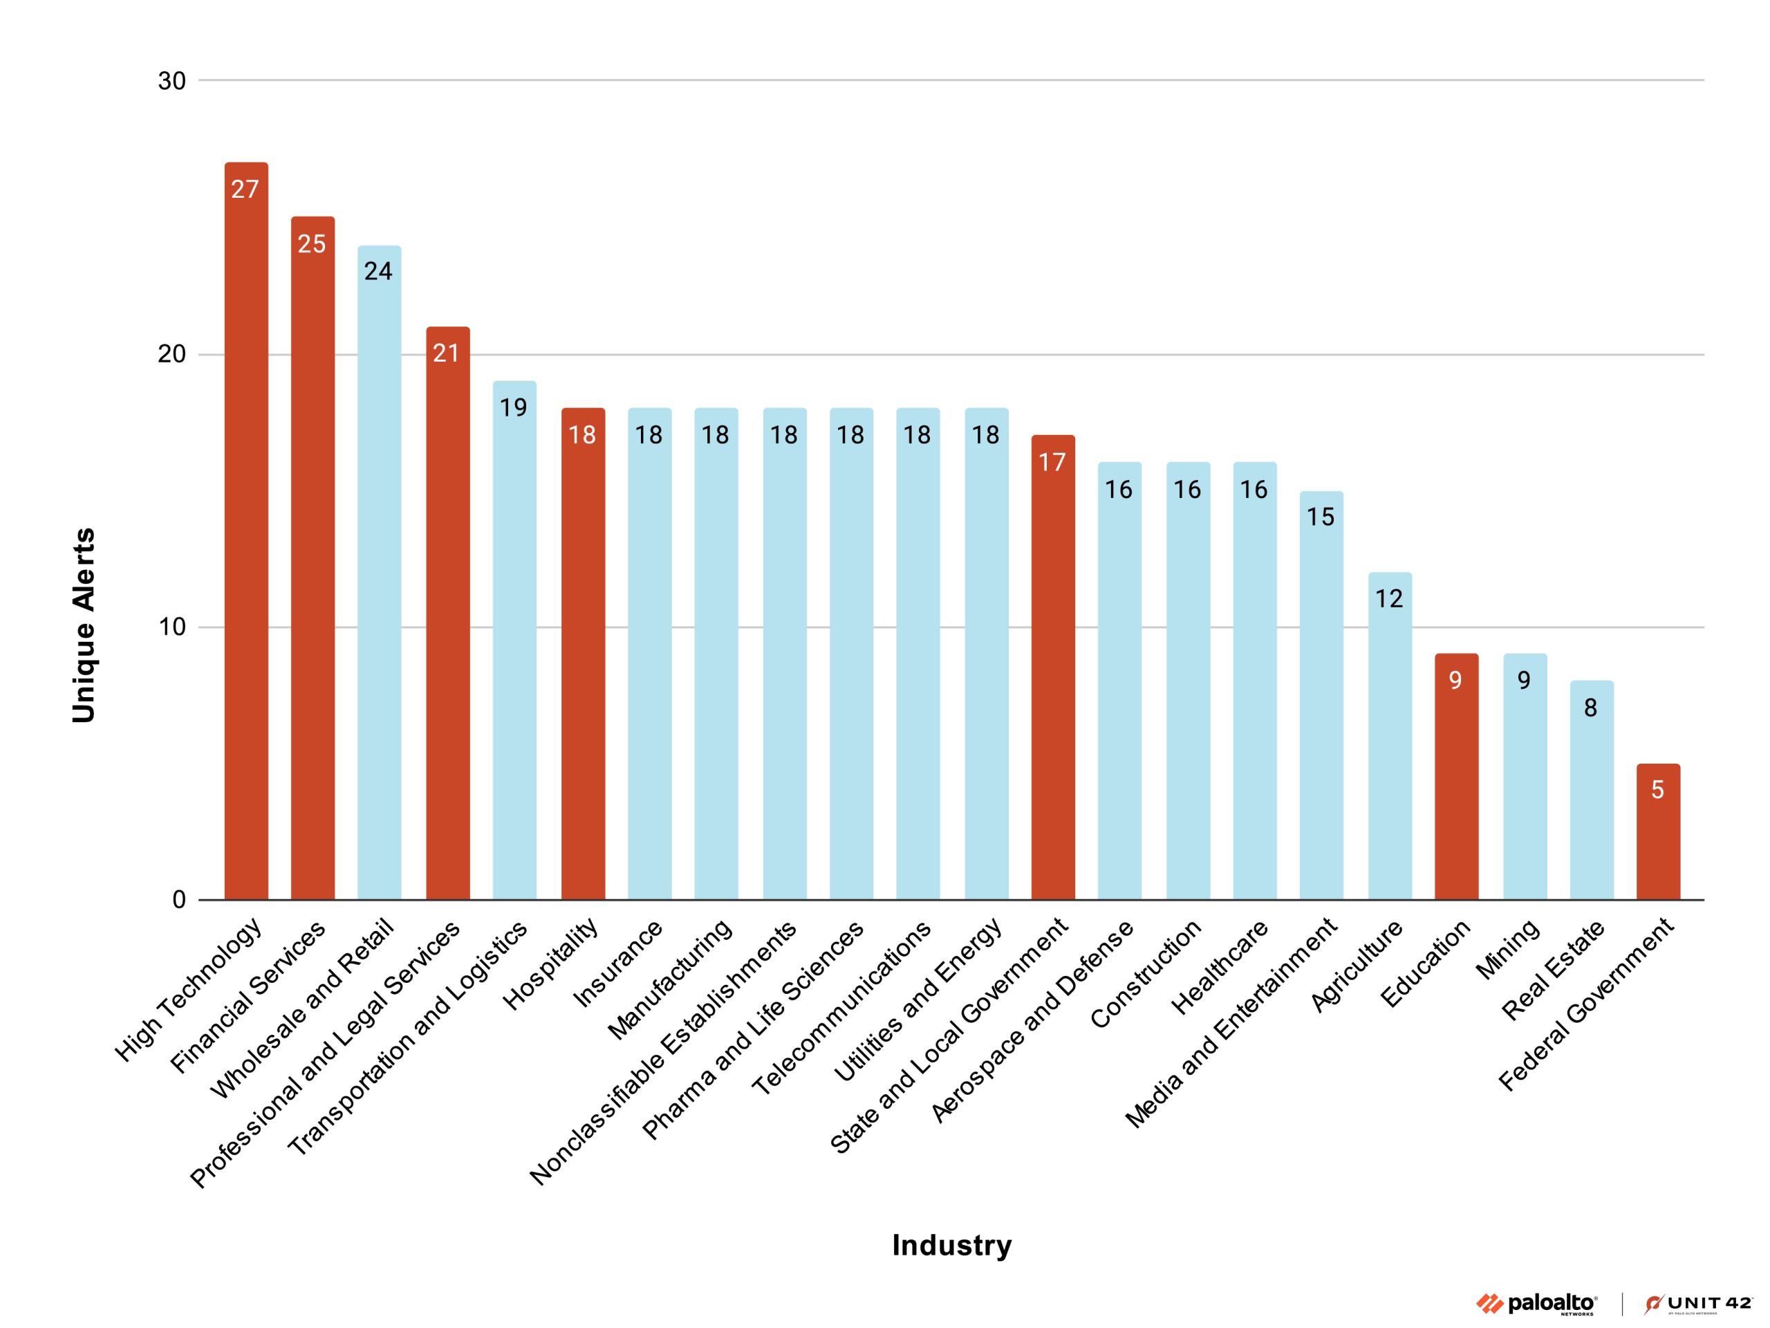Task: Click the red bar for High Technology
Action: click(x=245, y=544)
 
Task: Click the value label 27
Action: click(x=245, y=190)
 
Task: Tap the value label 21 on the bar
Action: click(x=447, y=353)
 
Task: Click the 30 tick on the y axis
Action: click(x=171, y=81)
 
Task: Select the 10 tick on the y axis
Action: click(x=171, y=627)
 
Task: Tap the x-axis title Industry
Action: click(x=951, y=1246)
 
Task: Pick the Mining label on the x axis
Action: click(x=1507, y=950)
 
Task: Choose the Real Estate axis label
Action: click(x=1552, y=970)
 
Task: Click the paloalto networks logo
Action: click(x=1536, y=1304)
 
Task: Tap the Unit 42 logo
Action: click(x=1697, y=1304)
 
